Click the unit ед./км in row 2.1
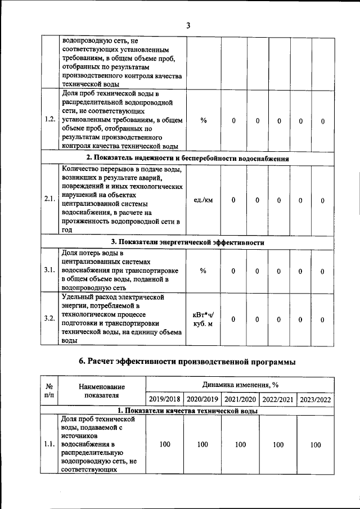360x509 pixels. (x=203, y=200)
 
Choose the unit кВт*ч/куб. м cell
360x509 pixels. (x=203, y=319)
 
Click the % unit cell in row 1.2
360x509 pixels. (x=203, y=121)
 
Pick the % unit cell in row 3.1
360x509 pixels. (x=203, y=271)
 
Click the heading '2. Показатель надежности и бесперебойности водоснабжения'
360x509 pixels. (x=188, y=158)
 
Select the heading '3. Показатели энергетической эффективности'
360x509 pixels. (x=188, y=242)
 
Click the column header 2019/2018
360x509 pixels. (x=164, y=399)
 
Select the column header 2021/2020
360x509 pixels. (x=240, y=399)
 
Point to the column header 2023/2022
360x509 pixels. (x=316, y=399)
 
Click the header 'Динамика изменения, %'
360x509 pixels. (x=240, y=384)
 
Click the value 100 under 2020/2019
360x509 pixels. (x=202, y=445)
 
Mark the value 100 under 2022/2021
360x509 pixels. (x=278, y=445)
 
